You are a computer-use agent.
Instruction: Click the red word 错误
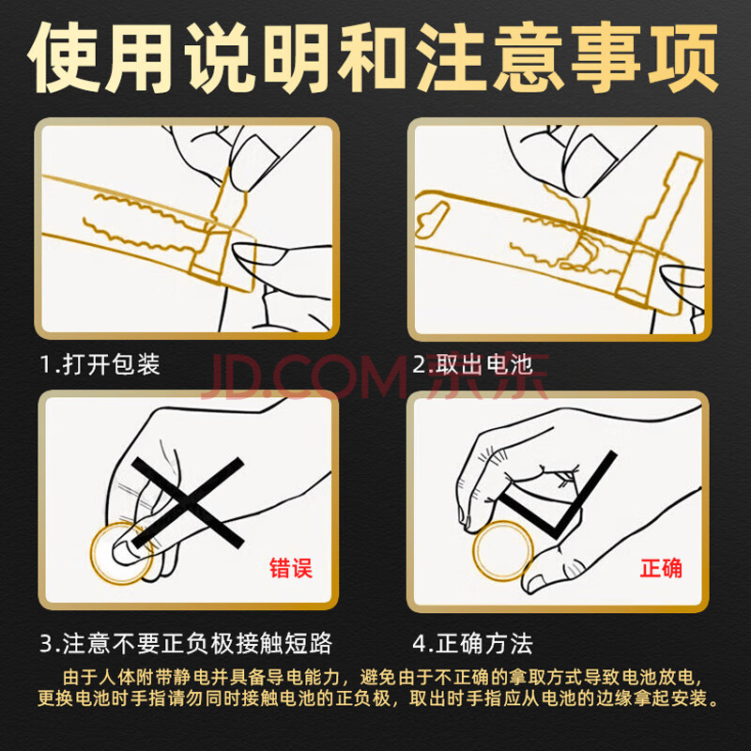click(x=291, y=568)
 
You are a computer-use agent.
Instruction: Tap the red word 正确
click(x=661, y=568)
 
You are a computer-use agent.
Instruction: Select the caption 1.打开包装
click(x=100, y=364)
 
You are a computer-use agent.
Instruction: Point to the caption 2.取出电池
click(x=473, y=364)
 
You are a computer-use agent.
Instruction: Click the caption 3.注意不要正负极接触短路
click(x=186, y=643)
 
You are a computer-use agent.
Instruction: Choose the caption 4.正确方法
click(x=473, y=643)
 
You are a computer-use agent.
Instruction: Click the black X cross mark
click(x=188, y=502)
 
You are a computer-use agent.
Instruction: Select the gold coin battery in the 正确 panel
click(x=502, y=550)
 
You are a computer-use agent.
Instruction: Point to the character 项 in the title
click(x=682, y=56)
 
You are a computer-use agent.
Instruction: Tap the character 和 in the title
click(x=375, y=56)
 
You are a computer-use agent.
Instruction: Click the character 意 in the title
click(x=529, y=56)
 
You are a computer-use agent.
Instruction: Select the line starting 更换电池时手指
click(x=378, y=698)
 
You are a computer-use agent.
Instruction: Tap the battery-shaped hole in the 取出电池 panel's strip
click(x=433, y=219)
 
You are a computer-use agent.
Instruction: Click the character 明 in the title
click(x=297, y=56)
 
